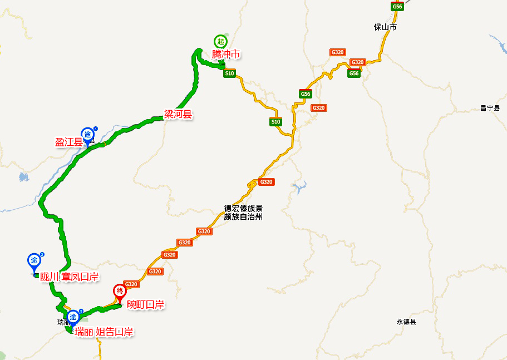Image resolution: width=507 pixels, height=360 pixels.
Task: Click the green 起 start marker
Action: pos(220,41)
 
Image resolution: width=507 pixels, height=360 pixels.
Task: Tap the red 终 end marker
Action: pos(119,291)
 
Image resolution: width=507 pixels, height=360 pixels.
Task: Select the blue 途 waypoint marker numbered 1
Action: pos(87,135)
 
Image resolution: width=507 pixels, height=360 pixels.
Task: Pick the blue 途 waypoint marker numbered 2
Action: pos(34,260)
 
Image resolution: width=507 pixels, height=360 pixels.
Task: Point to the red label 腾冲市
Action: pos(225,54)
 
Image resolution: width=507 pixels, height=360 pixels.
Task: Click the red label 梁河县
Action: pos(178,115)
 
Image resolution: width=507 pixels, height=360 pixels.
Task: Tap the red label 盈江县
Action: pos(68,142)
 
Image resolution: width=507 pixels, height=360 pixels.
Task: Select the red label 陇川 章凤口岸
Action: pos(69,277)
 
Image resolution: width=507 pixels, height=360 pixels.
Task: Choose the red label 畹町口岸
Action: pos(145,304)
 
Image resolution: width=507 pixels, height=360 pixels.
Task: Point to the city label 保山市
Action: pos(385,27)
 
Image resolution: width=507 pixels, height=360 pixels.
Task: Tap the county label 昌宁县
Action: pos(490,108)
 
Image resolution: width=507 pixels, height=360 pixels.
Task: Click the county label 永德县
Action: pos(406,322)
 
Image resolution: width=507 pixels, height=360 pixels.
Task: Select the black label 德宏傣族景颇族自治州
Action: pos(243,213)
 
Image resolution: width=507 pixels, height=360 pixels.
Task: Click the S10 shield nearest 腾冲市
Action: pos(229,73)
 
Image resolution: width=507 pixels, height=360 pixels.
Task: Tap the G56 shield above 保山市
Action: pos(397,6)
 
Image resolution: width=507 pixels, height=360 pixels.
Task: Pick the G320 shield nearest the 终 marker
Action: pos(131,284)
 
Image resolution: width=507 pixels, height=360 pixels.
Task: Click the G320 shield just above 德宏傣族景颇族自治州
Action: pos(267,182)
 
